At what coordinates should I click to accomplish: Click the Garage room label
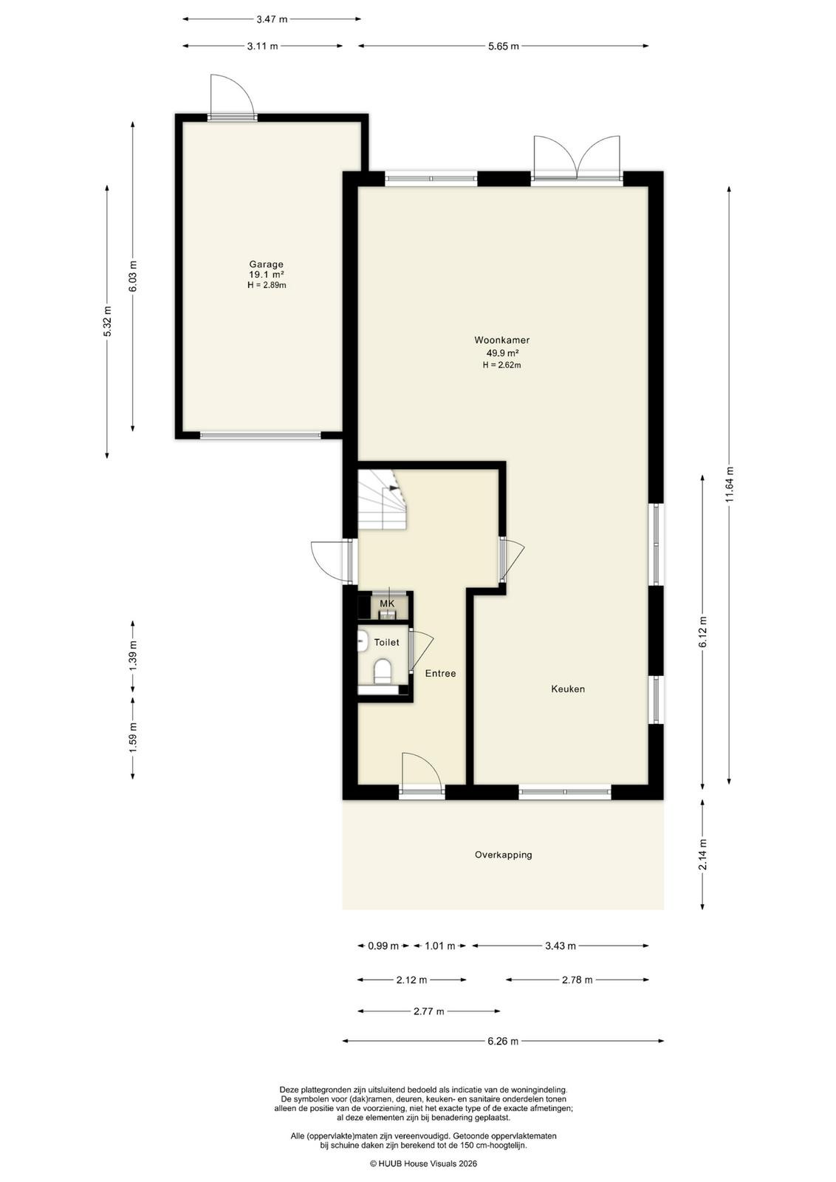[267, 264]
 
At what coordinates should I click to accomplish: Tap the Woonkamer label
[501, 341]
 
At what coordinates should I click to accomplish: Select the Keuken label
[567, 689]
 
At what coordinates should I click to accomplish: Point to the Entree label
[440, 673]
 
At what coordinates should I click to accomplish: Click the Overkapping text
[503, 855]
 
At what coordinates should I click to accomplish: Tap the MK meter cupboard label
[387, 603]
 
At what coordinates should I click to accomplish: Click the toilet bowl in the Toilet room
[383, 672]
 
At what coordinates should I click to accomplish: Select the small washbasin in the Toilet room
[363, 642]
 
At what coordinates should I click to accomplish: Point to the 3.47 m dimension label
[272, 19]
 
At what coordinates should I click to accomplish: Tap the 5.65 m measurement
[503, 46]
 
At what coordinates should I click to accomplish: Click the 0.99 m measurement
[383, 946]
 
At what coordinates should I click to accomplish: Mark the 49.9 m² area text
[501, 353]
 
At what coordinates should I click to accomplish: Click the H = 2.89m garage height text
[267, 285]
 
